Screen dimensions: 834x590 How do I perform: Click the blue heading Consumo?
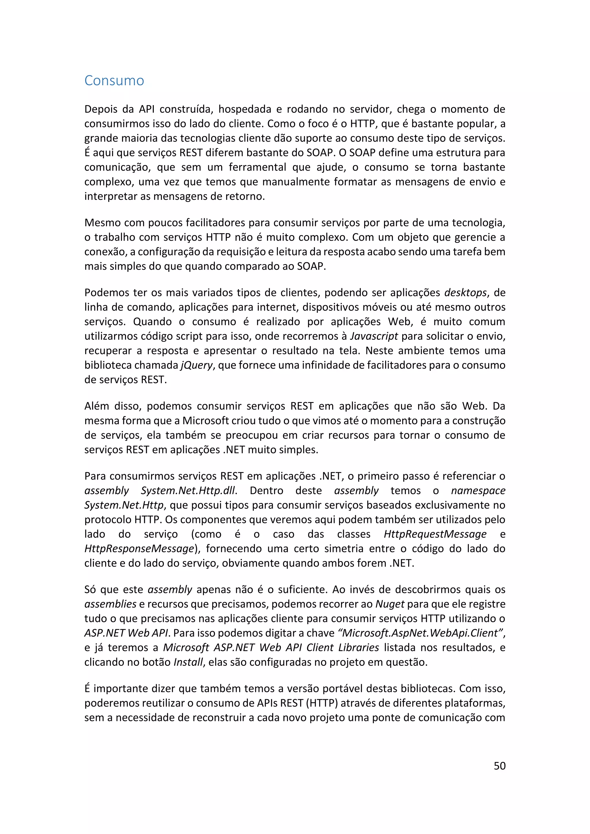coord(114,81)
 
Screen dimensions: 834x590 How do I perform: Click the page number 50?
coord(500,766)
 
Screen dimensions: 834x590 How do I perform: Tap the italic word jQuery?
coord(196,365)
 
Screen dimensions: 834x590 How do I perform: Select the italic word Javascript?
coord(374,336)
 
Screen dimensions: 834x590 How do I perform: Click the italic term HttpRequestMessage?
coord(435,534)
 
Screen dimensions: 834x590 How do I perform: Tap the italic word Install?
coord(188,662)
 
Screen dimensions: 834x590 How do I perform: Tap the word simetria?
coord(344,549)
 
